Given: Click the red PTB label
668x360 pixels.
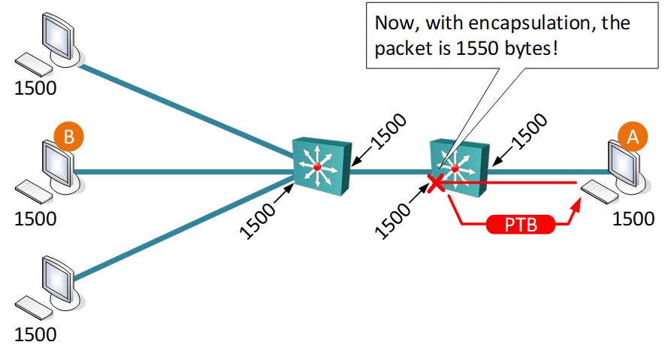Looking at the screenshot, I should [522, 225].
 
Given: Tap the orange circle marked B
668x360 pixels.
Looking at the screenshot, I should [68, 137].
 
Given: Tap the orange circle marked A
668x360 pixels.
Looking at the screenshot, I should [632, 137].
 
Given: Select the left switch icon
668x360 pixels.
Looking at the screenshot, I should [320, 165].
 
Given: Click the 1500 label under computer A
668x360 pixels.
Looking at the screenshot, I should [634, 219].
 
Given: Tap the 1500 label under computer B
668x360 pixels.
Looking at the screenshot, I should [35, 219].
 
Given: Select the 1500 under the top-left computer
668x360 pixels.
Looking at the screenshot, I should [35, 88].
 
